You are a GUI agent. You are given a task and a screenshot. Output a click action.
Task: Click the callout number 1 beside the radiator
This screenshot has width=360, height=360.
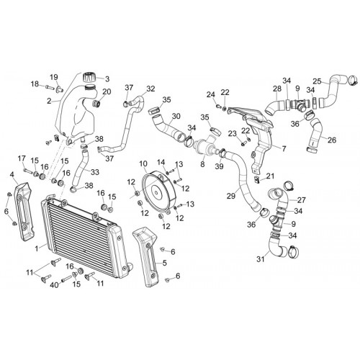(x=37, y=248)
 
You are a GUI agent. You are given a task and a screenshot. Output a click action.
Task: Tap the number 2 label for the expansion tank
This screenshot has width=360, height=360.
(x=49, y=102)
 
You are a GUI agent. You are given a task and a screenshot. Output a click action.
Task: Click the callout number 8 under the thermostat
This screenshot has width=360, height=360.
(x=203, y=164)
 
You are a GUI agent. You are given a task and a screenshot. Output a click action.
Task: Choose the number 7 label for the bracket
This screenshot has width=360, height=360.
(x=284, y=149)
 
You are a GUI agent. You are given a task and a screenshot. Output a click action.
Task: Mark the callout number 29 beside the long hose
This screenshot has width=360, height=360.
(x=231, y=196)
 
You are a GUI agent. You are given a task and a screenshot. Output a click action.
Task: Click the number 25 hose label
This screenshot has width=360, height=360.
(x=317, y=81)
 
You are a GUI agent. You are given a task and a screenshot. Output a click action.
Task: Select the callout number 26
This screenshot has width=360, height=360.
(x=332, y=140)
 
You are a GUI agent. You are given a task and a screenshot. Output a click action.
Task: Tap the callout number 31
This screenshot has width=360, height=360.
(x=261, y=259)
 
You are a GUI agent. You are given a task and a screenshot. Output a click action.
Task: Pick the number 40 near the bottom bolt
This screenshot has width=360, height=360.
(x=55, y=285)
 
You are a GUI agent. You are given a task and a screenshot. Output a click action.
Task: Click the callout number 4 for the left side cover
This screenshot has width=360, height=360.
(x=12, y=175)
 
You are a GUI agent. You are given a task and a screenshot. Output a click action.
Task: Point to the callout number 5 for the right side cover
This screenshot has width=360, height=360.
(x=164, y=263)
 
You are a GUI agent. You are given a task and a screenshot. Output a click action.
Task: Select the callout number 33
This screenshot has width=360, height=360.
(x=95, y=172)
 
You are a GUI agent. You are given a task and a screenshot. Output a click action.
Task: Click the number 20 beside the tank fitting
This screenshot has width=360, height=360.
(x=107, y=91)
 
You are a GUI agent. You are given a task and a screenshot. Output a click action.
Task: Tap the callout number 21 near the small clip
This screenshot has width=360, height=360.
(x=270, y=176)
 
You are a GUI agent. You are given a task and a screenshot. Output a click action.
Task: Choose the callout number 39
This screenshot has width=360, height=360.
(x=219, y=166)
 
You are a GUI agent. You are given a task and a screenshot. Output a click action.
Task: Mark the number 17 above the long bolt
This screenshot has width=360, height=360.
(x=22, y=158)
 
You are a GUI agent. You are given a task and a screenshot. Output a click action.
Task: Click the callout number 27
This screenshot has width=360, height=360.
(x=302, y=199)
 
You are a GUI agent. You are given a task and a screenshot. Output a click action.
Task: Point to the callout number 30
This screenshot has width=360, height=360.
(x=176, y=116)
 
